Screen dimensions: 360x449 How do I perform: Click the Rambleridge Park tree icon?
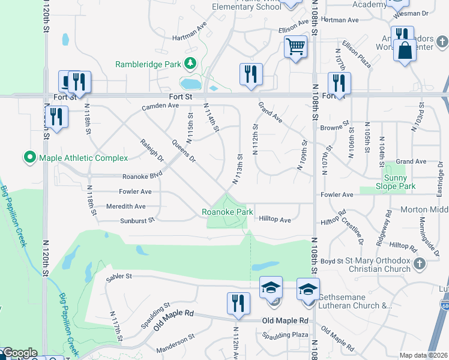[x=190, y=63]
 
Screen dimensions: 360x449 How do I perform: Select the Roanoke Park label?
[x=227, y=212]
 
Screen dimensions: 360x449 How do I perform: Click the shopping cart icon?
[x=295, y=46]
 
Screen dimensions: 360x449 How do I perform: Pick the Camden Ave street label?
[x=160, y=106]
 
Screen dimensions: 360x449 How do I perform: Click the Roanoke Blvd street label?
[x=142, y=176]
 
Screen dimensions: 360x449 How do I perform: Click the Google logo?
[x=20, y=353]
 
